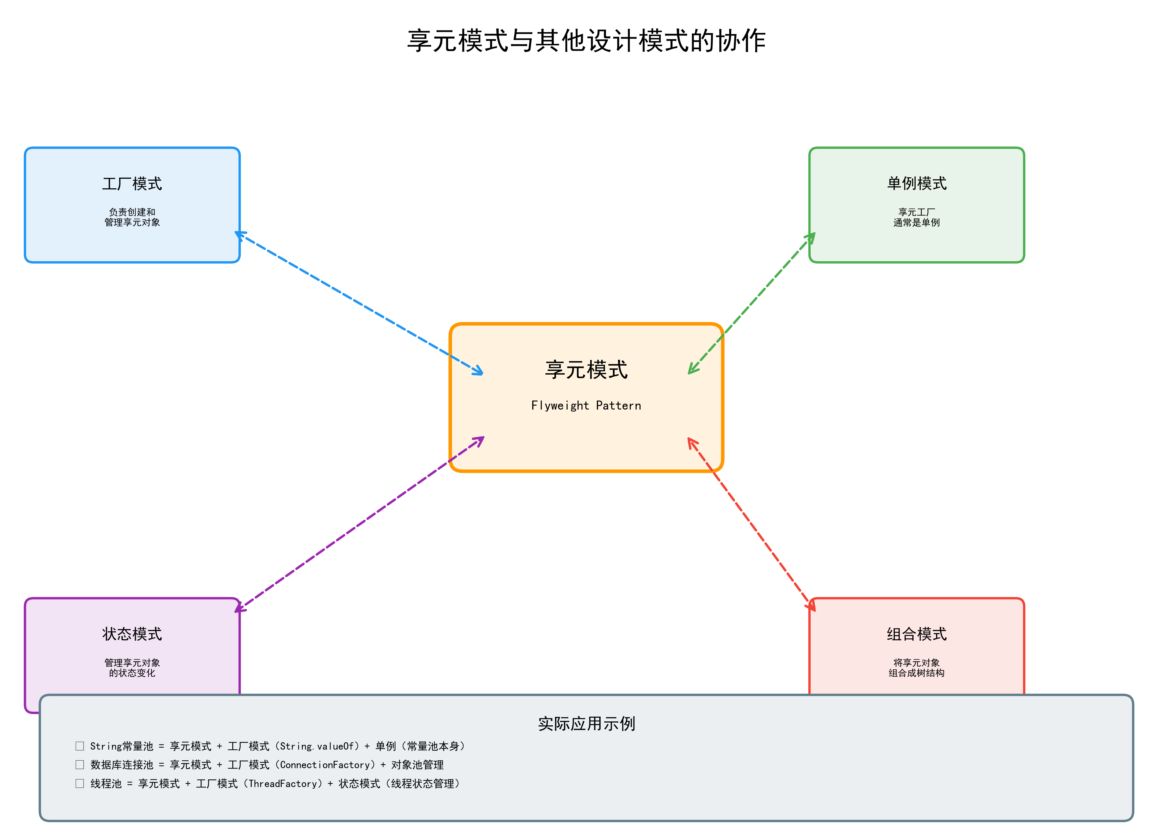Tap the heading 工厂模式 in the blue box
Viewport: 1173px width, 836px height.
tap(132, 184)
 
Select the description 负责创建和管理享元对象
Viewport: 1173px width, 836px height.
tap(132, 217)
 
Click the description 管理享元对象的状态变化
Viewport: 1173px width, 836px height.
tap(132, 668)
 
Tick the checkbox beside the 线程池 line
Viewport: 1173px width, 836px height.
tap(80, 783)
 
